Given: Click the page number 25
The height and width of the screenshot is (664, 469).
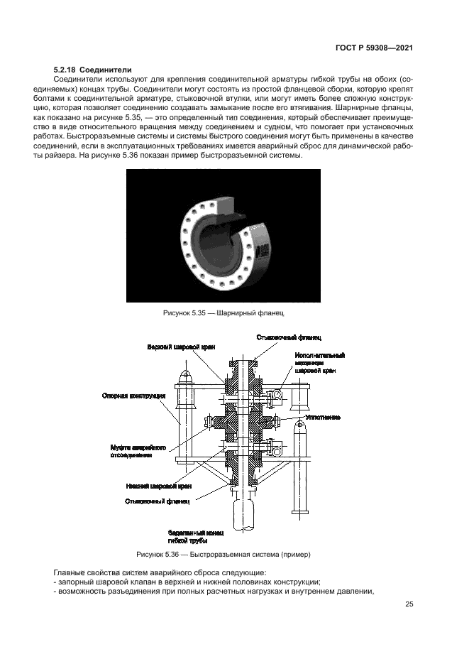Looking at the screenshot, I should pyautogui.click(x=409, y=604).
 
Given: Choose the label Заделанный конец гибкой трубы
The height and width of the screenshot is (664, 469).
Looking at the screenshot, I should pyautogui.click(x=197, y=535).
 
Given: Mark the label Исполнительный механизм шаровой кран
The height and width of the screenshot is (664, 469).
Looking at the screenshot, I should pyautogui.click(x=319, y=363).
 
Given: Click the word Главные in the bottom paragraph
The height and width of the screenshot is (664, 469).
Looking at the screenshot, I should pyautogui.click(x=72, y=572).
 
